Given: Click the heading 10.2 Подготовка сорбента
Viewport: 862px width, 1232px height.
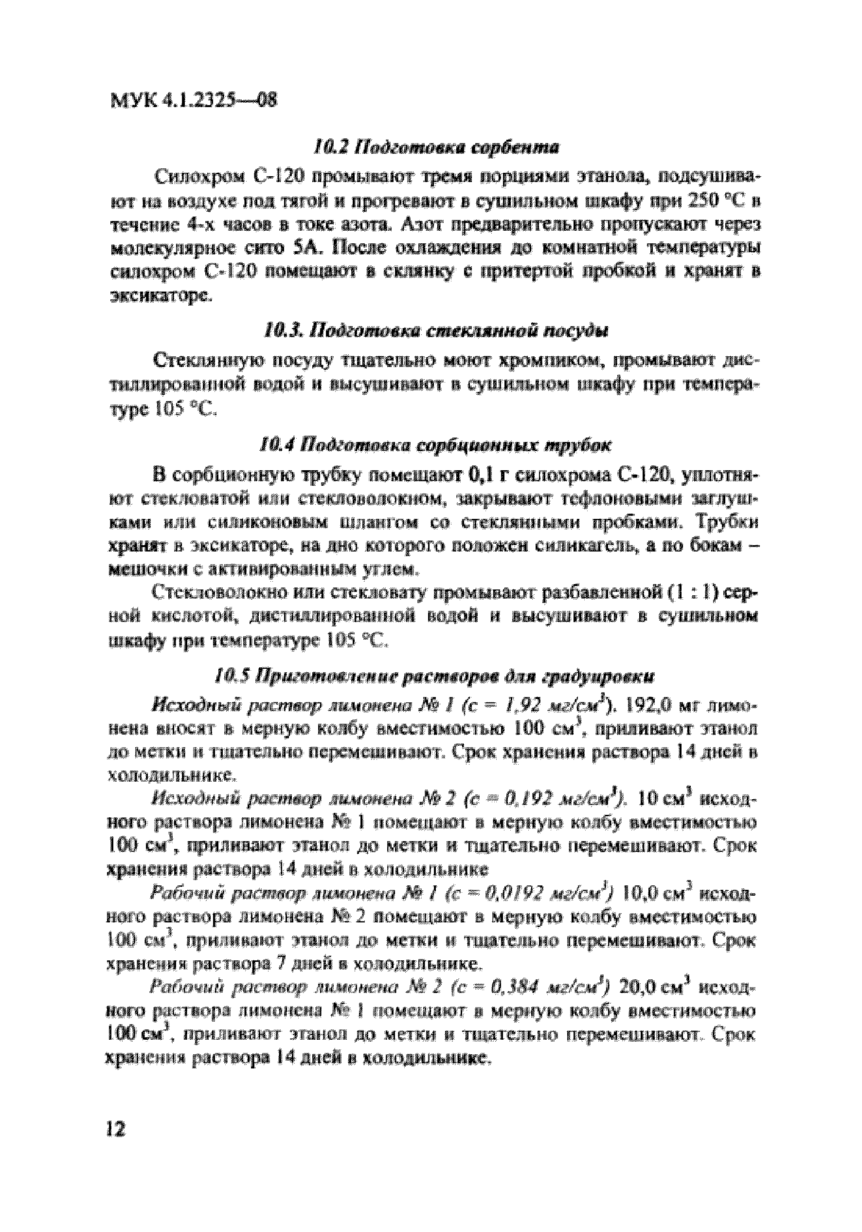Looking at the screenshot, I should (x=435, y=147).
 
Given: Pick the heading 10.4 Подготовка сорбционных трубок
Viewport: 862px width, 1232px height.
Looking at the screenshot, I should (x=435, y=445).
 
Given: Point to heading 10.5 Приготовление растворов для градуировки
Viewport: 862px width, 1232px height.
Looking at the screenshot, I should (x=435, y=677).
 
